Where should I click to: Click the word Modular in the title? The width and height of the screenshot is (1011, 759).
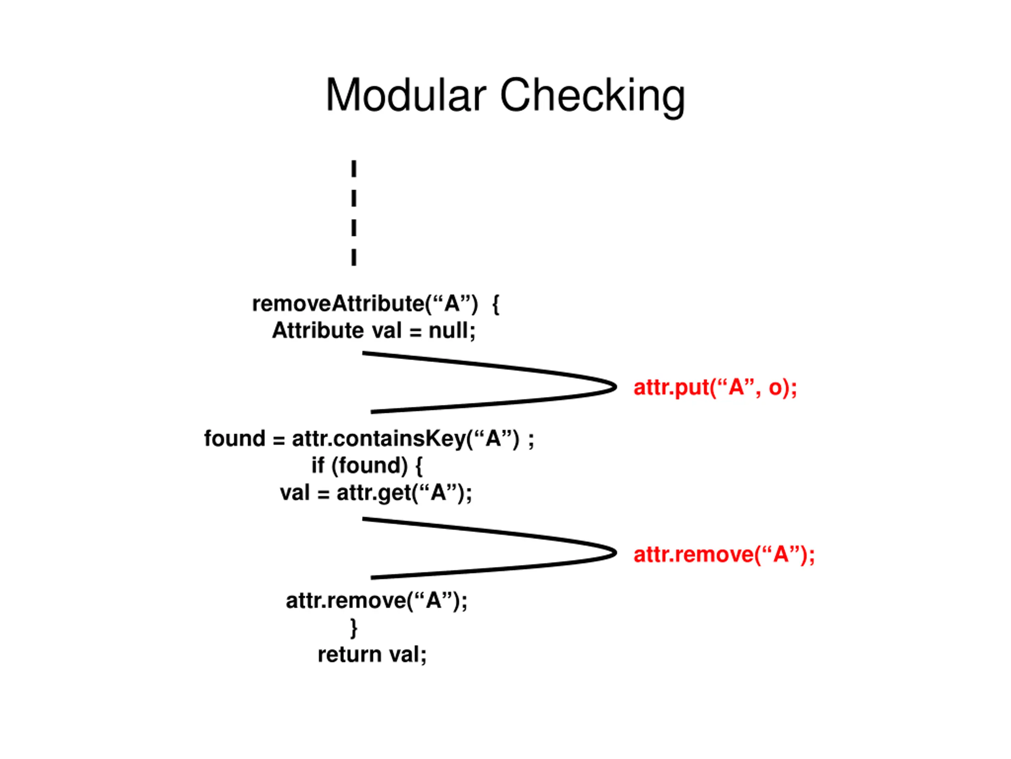[406, 95]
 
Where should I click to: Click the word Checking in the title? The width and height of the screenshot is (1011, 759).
[593, 97]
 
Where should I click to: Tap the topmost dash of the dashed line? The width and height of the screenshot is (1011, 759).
[354, 169]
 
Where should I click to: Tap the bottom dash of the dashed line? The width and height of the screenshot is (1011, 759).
[354, 257]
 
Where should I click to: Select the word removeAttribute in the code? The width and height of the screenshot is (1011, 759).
[338, 303]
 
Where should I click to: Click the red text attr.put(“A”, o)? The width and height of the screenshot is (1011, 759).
[715, 387]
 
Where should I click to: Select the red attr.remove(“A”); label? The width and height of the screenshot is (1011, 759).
[724, 554]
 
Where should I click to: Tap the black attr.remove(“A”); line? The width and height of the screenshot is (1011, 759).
[377, 601]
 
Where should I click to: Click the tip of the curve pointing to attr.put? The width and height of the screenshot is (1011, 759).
[616, 387]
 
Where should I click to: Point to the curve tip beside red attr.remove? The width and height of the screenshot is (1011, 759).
[616, 553]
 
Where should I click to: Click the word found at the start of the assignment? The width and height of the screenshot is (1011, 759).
[235, 438]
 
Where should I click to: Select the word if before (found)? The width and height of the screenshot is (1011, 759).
[318, 465]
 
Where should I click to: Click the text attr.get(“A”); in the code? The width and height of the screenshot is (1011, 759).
[404, 493]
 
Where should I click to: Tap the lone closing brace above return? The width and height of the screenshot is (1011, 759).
[354, 628]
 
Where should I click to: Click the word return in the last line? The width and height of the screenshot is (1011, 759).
[350, 655]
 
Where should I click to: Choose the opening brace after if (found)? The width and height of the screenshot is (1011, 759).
[419, 466]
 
